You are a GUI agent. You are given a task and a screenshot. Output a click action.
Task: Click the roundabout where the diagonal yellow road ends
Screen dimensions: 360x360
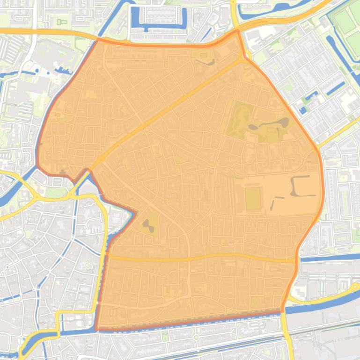[x=243, y=58]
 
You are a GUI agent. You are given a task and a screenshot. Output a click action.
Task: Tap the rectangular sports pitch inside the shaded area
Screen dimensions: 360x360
[x=253, y=199]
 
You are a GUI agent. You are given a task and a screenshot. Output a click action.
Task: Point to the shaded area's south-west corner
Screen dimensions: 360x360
[x=97, y=329]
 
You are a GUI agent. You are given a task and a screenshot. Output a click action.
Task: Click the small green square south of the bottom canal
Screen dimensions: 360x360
[x=165, y=336]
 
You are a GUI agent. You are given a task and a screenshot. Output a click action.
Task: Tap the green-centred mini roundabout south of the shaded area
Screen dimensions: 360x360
[x=196, y=337]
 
